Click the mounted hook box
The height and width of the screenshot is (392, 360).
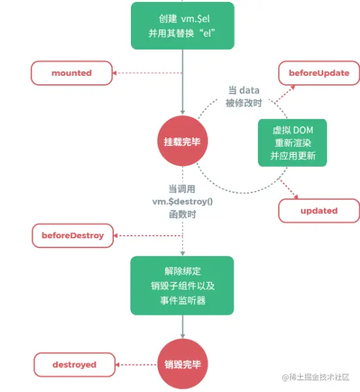point(71,73)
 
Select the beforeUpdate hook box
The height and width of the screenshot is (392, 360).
point(319,73)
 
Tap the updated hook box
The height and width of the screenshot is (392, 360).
point(319,211)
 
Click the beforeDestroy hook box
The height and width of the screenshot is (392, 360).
point(73,235)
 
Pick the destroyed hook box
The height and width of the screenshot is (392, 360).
point(74,365)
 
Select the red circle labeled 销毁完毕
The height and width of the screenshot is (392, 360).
point(182,365)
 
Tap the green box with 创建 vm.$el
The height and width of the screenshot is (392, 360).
point(182,25)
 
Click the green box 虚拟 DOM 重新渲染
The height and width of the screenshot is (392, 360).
point(289,144)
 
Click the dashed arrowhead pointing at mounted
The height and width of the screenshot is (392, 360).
point(116,73)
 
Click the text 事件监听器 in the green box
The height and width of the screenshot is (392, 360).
point(181,300)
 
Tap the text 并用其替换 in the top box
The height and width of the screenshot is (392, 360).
point(172,33)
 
